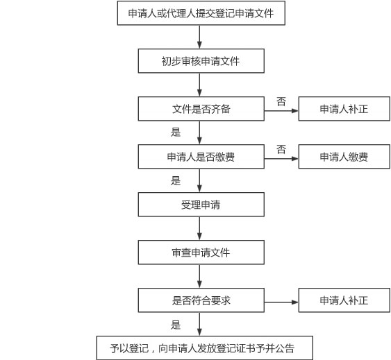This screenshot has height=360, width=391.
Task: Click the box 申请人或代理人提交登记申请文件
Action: pyautogui.click(x=201, y=13)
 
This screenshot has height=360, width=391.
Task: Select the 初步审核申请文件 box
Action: pyautogui.click(x=201, y=61)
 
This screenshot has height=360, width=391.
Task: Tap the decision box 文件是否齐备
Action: pyautogui.click(x=201, y=109)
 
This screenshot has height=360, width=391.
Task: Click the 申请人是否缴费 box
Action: pyautogui.click(x=201, y=157)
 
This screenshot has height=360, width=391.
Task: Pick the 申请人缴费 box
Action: pyautogui.click(x=344, y=157)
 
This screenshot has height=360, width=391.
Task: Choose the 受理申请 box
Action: pyautogui.click(x=201, y=205)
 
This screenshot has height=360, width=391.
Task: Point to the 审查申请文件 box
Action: pyautogui.click(x=201, y=252)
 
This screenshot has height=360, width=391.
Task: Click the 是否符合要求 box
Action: pyautogui.click(x=201, y=300)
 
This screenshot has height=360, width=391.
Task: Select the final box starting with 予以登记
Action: pyautogui.click(x=205, y=348)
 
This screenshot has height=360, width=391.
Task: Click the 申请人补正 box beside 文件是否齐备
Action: pyautogui.click(x=344, y=109)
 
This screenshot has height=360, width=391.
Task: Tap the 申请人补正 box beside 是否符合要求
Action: pyautogui.click(x=344, y=300)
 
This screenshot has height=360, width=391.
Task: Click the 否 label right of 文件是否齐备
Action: pyautogui.click(x=281, y=101)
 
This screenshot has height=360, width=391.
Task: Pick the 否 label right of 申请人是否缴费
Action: pyautogui.click(x=281, y=150)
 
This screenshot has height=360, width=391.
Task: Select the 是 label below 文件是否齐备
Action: pyautogui.click(x=176, y=132)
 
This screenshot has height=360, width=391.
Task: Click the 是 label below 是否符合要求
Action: pyautogui.click(x=176, y=325)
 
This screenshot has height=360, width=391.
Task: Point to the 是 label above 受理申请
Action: pyautogui.click(x=176, y=180)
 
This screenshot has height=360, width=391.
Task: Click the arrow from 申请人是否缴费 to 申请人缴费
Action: pyautogui.click(x=281, y=159)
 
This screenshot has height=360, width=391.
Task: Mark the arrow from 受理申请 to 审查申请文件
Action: pyautogui.click(x=199, y=228)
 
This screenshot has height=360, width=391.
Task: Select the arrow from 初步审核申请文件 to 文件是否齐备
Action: pyautogui.click(x=199, y=85)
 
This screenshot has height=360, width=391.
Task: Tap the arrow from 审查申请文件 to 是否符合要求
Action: pyautogui.click(x=199, y=276)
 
